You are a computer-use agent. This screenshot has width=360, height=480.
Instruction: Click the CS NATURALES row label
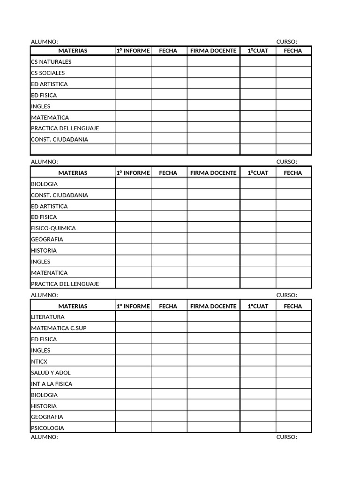coord(51,62)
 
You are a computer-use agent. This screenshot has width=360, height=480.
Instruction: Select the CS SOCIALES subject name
coord(48,73)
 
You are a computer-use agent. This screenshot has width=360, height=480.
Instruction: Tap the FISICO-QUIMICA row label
coord(53,228)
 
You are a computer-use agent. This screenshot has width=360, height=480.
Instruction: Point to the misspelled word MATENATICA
coord(49,273)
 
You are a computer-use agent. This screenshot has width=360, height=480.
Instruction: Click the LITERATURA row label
coord(48,317)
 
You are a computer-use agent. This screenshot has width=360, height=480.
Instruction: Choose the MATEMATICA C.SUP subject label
coord(59,328)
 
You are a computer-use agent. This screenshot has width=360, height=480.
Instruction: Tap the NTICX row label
coord(39,362)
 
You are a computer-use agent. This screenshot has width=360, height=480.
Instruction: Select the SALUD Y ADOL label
coord(51,373)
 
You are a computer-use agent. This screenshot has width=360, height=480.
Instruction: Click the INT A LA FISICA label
coord(52,384)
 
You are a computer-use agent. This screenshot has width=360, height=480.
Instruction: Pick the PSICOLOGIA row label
coord(47,428)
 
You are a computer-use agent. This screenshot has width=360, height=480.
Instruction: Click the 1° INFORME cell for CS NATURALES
coord(133,61)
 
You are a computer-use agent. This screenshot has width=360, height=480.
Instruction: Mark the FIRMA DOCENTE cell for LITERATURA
coord(214,317)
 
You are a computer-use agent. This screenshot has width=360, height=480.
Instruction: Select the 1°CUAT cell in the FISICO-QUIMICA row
coord(258,228)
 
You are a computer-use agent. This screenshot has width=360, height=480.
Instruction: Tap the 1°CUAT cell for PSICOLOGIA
coord(258,427)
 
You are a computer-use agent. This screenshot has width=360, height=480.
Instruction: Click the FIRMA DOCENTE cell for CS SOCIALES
coord(214,73)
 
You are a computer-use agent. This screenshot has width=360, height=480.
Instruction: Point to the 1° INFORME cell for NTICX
coord(133,361)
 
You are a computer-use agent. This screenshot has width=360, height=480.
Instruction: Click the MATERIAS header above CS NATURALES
coord(73,51)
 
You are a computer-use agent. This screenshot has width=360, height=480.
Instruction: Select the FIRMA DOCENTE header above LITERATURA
coord(213,306)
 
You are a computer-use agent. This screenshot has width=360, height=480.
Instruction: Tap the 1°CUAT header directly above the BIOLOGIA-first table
coord(258,173)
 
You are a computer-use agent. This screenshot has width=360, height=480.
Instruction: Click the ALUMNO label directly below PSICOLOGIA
coord(45,437)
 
